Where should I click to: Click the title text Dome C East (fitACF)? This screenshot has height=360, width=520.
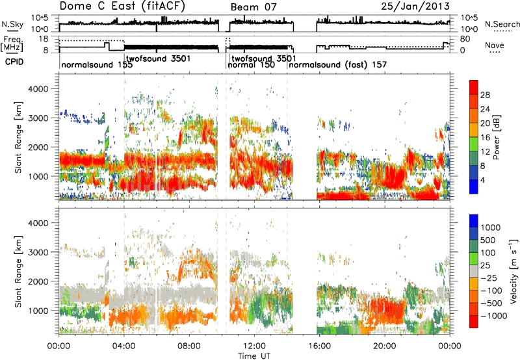[122, 6]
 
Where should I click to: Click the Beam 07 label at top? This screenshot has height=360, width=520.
[253, 7]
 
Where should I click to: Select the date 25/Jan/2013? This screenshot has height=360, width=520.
[415, 6]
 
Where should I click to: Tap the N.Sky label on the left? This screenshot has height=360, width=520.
[12, 24]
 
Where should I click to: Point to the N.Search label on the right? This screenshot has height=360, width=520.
[502, 24]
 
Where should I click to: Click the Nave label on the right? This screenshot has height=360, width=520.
[495, 45]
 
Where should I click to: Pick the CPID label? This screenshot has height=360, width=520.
[14, 62]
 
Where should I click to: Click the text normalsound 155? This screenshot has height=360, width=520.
[97, 64]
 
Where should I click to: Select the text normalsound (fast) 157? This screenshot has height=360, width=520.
[337, 64]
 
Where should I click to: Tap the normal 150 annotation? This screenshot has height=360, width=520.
[251, 64]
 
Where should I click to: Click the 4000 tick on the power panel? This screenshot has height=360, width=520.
[39, 89]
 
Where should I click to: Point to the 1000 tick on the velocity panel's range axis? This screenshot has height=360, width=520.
[39, 311]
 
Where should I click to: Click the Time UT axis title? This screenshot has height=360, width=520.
[254, 355]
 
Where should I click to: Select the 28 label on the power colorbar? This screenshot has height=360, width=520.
[485, 95]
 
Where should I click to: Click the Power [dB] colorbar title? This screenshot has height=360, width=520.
[496, 137]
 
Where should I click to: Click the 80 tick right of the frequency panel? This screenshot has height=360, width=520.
[465, 39]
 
